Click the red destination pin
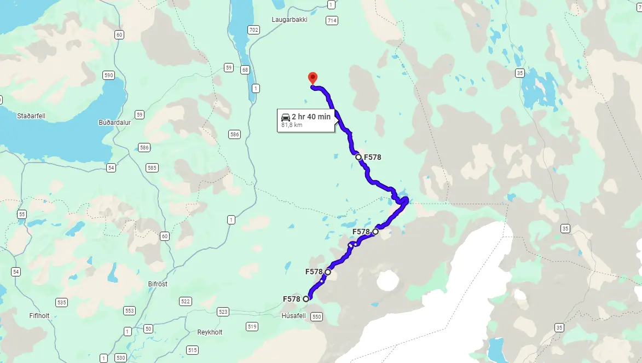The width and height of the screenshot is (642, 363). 313,78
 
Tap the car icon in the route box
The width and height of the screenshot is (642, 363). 286,117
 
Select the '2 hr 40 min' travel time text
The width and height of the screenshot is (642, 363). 311,117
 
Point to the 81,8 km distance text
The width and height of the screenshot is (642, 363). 291,125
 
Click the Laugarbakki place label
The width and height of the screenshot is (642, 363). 290,19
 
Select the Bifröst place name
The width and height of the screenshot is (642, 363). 158,284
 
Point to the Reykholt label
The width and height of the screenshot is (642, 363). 210,332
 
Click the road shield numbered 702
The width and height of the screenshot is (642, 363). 253,30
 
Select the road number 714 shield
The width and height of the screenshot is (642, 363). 331,21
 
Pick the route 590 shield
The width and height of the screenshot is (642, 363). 108,75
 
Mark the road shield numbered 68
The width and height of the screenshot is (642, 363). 245,70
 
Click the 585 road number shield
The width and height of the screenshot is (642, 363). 152,168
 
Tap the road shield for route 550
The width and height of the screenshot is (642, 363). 316,317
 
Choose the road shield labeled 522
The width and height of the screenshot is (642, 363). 185,302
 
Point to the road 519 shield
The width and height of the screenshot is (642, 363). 252,327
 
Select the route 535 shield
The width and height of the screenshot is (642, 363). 61,302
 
